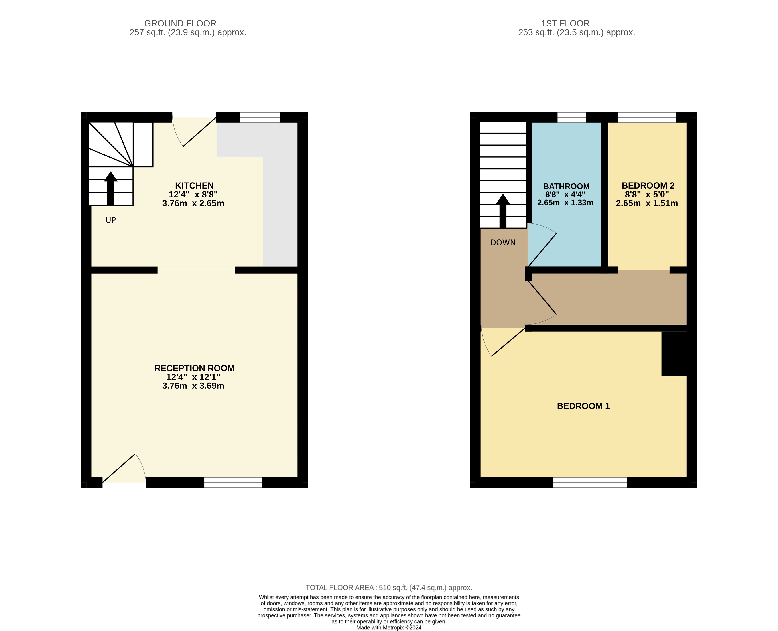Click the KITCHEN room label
(x=194, y=186)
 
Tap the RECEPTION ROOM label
(x=194, y=368)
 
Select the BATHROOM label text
(x=566, y=186)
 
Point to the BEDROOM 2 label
(x=648, y=186)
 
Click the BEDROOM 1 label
(x=583, y=406)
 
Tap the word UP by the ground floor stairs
(x=111, y=220)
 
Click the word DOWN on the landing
(x=503, y=243)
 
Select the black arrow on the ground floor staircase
(x=111, y=188)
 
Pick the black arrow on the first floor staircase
(x=503, y=211)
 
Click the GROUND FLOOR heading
(x=180, y=23)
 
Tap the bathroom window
(x=572, y=117)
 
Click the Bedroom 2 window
(x=647, y=117)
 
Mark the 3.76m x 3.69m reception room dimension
(x=193, y=386)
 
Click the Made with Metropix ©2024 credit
(x=389, y=628)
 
